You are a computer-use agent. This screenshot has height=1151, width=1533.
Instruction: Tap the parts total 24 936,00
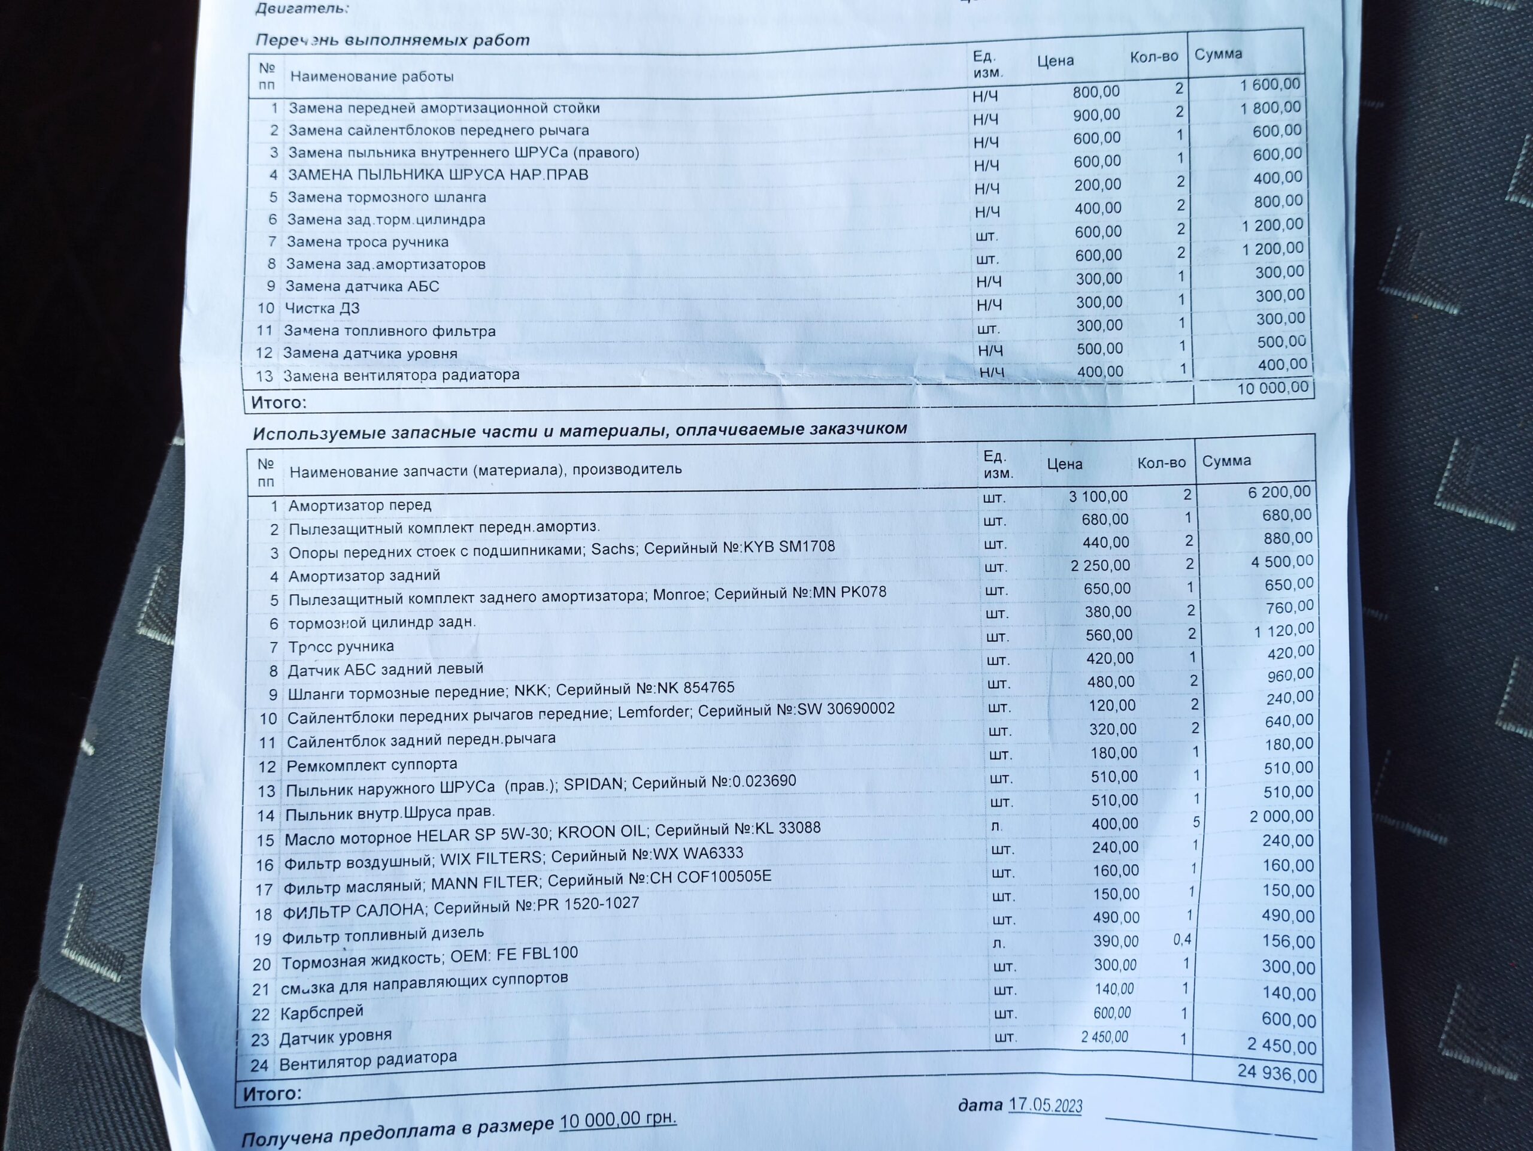pyautogui.click(x=1277, y=1073)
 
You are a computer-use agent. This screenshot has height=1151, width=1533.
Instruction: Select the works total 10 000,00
pyautogui.click(x=1273, y=388)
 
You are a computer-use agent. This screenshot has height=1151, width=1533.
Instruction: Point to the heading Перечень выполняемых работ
pyautogui.click(x=392, y=40)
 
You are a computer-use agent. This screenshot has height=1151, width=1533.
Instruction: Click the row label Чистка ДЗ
pyautogui.click(x=322, y=308)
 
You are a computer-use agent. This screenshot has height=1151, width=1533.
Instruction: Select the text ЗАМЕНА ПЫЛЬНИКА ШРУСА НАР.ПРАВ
pyautogui.click(x=438, y=175)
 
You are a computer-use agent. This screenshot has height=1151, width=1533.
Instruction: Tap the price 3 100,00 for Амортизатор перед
pyautogui.click(x=1098, y=496)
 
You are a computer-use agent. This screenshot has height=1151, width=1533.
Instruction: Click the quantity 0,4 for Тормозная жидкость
pyautogui.click(x=1181, y=940)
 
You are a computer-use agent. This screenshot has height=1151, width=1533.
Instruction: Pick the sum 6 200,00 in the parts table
pyautogui.click(x=1278, y=492)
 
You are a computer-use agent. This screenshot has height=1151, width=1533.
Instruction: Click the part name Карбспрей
pyautogui.click(x=322, y=1013)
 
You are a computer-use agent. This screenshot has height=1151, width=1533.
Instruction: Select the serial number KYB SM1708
pyautogui.click(x=789, y=547)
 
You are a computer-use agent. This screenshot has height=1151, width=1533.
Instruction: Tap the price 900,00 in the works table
pyautogui.click(x=1096, y=115)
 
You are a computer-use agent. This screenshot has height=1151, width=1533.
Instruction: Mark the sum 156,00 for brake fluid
pyautogui.click(x=1287, y=942)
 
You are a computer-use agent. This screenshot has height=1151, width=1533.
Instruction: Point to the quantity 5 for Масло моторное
pyautogui.click(x=1195, y=822)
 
